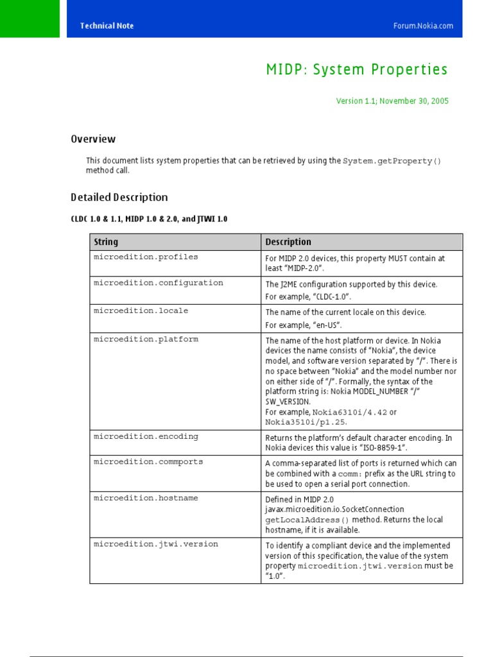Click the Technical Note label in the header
coord(107,26)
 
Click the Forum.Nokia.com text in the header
coord(423,26)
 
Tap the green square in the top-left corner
coord(30,19)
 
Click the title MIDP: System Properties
coord(357,70)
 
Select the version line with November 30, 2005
coord(392,101)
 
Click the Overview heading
coord(93,139)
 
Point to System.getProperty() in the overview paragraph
coord(392,161)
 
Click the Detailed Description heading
coord(119,198)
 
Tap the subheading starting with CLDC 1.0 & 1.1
coord(149,219)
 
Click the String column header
coord(106,242)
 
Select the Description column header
coord(288,242)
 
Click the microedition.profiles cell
coord(146,257)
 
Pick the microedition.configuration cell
coord(159,283)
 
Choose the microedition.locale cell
coord(141,311)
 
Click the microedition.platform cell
coord(146,339)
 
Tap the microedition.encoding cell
coord(146,436)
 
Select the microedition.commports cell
coord(148,462)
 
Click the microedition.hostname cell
coord(146,498)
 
